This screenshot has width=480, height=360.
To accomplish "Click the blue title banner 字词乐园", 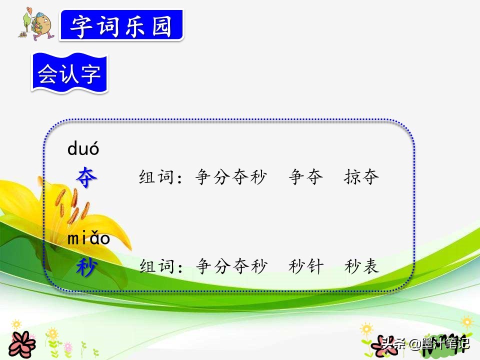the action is coord(122,25).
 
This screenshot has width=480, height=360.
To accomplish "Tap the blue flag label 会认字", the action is coord(69,73).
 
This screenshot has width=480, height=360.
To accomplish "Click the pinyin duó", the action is coord(83,148).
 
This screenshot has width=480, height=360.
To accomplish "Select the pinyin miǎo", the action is coord(88,238).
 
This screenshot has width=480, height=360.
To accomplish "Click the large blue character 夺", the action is coord(86,177).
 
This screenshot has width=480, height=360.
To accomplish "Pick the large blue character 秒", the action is coord(87,266).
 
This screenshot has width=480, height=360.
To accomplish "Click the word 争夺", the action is coord(306,176).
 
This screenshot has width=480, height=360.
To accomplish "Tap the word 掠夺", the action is coord(361,176).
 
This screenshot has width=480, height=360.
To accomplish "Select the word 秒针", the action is coord(306,266).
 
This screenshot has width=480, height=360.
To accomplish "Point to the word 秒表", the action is coord(362,266).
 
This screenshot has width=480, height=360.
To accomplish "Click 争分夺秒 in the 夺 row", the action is coord(231,176).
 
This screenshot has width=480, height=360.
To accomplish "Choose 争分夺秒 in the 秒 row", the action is coord(231,266).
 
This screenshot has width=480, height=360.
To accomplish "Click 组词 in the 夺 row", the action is coord(156,177).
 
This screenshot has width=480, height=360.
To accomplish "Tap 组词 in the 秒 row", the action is coord(157,266).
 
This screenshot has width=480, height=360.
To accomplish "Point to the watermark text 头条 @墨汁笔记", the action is coord(425,343).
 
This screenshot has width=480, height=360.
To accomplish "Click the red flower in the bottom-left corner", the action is coord(21,345).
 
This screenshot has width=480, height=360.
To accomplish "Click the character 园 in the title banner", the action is coord(162,25).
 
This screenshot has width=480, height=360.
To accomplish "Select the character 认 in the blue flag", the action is coord(69,73).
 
